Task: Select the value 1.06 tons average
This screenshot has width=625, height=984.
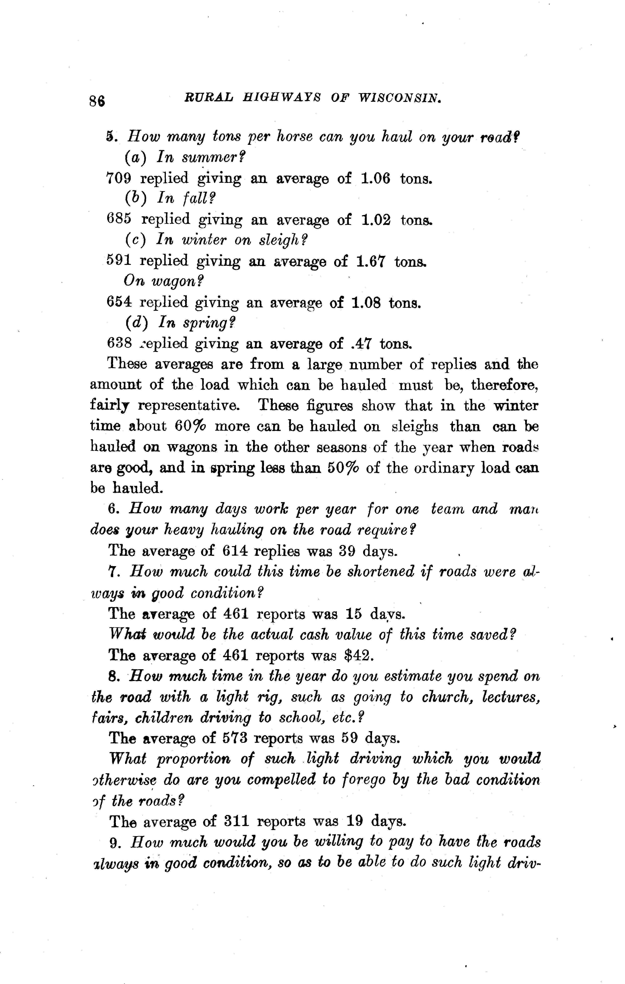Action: coord(376,179)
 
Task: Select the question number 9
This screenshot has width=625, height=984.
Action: coord(114,842)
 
